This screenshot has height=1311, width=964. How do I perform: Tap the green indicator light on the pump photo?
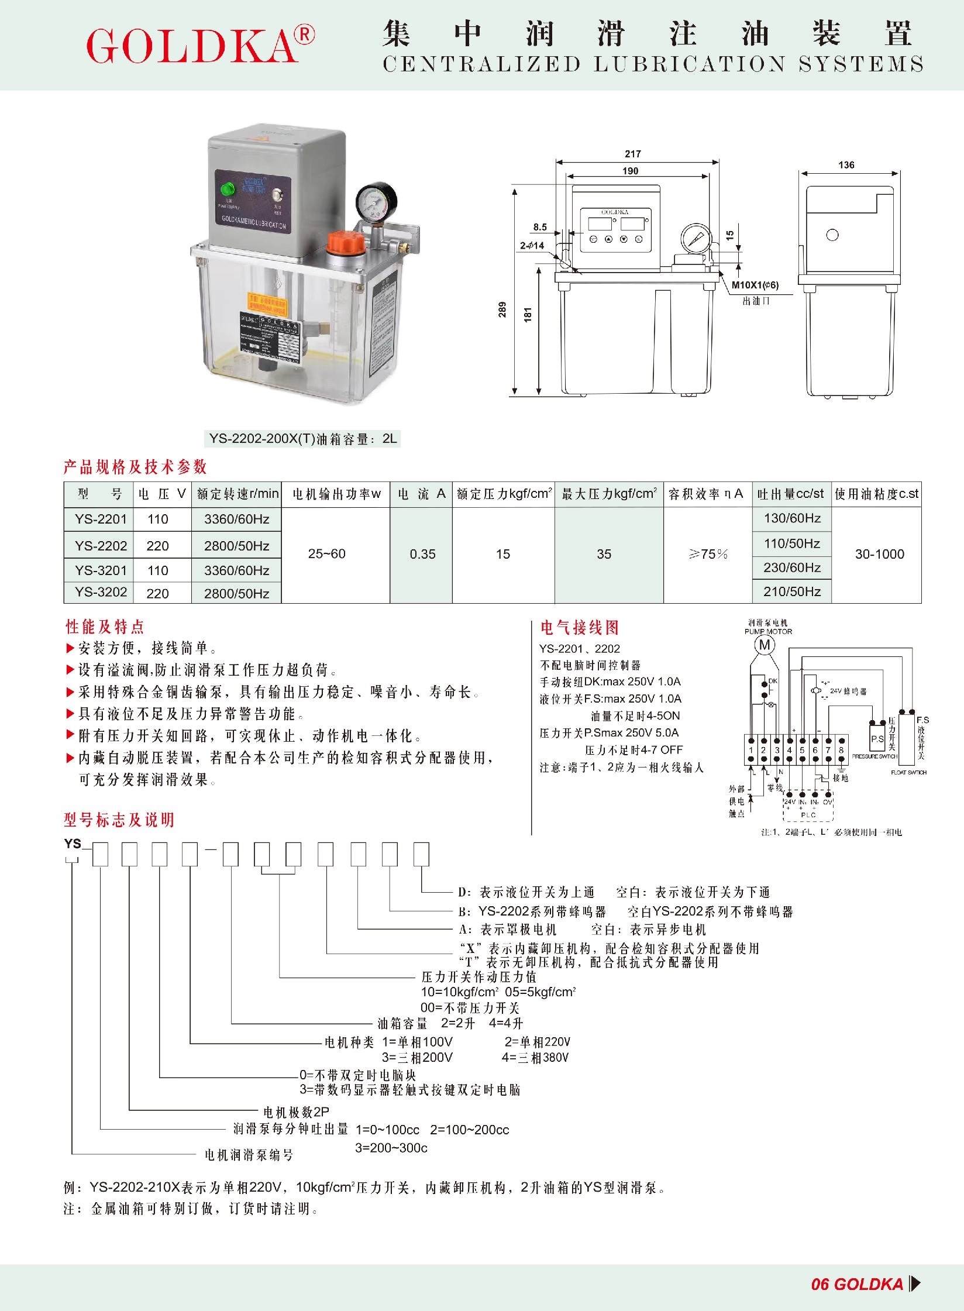click(x=226, y=189)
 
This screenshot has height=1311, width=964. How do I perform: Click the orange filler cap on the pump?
click(x=343, y=242)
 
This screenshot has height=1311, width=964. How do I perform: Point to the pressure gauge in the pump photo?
click(x=377, y=202)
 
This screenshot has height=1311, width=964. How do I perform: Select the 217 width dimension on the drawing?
click(x=633, y=154)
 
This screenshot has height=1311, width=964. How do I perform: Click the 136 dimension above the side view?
click(x=846, y=165)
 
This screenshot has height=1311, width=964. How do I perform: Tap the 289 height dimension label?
click(x=502, y=309)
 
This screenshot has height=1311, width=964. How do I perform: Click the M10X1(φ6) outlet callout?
click(x=755, y=285)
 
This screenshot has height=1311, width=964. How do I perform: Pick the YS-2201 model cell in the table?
click(x=101, y=519)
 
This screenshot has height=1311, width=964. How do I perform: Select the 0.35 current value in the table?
click(x=422, y=554)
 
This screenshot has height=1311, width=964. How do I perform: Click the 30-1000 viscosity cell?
click(x=879, y=554)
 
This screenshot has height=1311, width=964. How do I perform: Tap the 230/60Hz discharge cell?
click(x=792, y=567)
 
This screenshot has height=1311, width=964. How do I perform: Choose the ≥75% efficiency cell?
click(x=708, y=554)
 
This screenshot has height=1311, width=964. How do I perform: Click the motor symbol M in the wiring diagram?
click(x=765, y=645)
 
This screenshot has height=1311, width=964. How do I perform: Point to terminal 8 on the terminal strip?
click(x=841, y=750)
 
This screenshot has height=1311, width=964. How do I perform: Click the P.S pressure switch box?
click(x=877, y=739)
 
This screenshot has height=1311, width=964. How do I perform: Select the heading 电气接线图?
click(x=579, y=628)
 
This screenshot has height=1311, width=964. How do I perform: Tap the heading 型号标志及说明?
click(x=119, y=820)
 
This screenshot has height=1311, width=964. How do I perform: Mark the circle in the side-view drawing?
click(x=832, y=235)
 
